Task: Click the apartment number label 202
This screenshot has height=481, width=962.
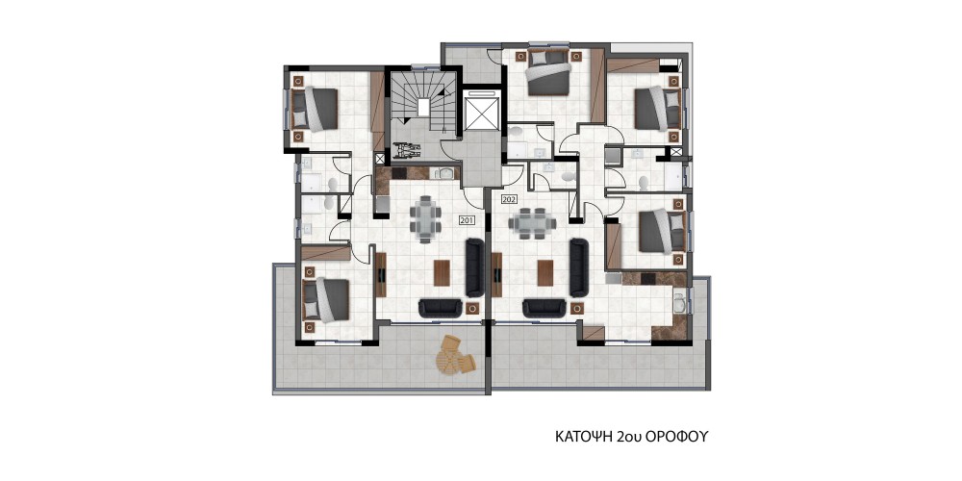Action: click(509, 199)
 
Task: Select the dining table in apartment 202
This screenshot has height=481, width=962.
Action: click(532, 224)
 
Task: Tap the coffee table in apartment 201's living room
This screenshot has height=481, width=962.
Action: click(442, 273)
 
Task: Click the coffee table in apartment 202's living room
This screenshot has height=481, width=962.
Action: click(545, 273)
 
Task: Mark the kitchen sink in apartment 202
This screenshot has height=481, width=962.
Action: click(679, 304)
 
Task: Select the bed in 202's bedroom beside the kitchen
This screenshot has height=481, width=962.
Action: click(663, 231)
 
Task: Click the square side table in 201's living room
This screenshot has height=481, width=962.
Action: click(471, 308)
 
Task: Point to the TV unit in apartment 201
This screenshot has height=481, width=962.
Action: click(381, 274)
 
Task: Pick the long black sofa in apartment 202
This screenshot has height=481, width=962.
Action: click(578, 267)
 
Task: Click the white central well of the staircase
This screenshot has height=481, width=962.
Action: click(423, 107)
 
